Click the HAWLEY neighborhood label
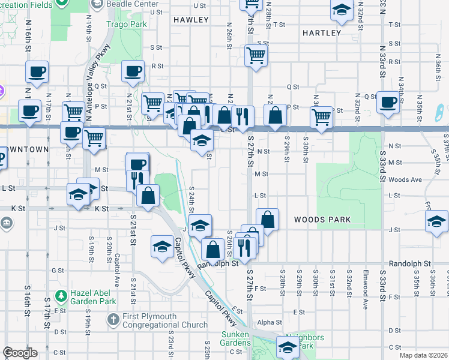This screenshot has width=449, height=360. pyautogui.click(x=190, y=20)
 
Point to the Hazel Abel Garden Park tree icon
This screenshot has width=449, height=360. pyautogui.click(x=61, y=296)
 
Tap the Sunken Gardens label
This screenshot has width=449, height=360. pyautogui.click(x=239, y=338)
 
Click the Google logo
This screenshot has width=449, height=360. pyautogui.click(x=20, y=353)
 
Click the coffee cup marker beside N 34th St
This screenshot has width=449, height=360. pyautogui.click(x=388, y=101)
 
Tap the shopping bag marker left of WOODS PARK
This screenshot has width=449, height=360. pyautogui.click(x=267, y=219)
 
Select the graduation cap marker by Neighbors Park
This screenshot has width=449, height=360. pyautogui.click(x=288, y=346)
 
